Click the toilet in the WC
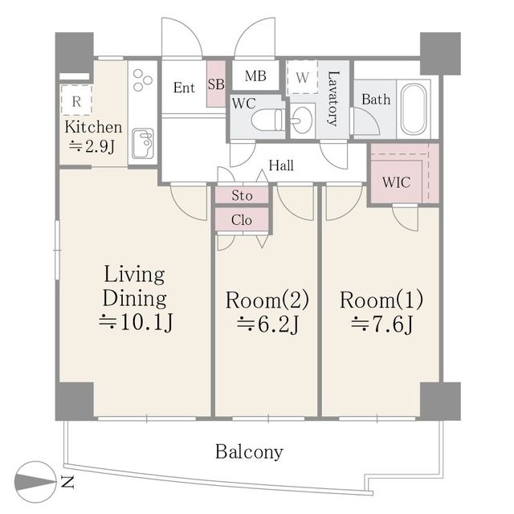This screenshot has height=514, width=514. (267, 120)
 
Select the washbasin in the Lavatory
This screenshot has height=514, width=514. (302, 120)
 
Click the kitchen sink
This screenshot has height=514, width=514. (143, 143)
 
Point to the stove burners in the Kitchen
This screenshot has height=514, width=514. (143, 80)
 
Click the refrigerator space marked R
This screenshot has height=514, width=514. (76, 100)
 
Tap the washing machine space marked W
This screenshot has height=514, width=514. (302, 78)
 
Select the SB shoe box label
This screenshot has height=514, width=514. (216, 84)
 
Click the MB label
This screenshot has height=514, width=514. (255, 76)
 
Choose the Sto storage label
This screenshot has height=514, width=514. (243, 195)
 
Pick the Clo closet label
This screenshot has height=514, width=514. (242, 219)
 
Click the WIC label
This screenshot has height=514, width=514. (396, 182)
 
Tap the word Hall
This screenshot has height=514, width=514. (281, 165)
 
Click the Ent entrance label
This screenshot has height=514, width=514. (184, 88)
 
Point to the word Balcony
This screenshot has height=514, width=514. (249, 452)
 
